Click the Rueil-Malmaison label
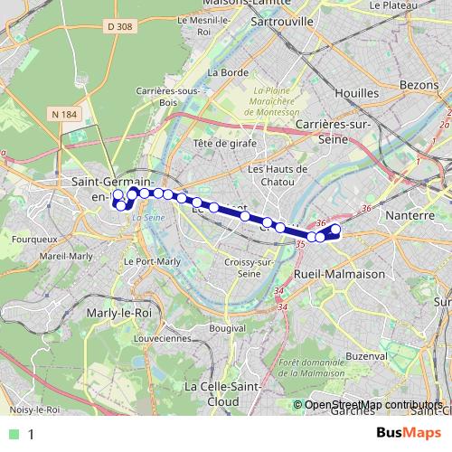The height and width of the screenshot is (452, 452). [340, 273]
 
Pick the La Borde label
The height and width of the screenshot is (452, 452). [229, 72]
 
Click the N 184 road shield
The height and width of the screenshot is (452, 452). [64, 114]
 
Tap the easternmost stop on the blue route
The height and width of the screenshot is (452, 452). [335, 230]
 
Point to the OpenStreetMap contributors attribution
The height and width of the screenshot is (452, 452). [373, 405]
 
